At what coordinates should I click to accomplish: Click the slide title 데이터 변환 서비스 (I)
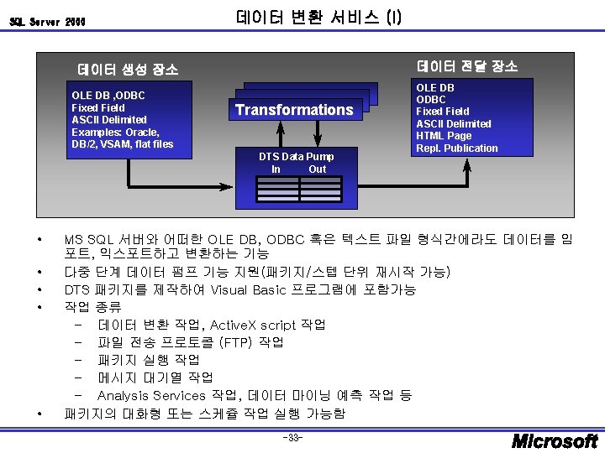(x=319, y=17)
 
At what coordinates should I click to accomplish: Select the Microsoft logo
(x=555, y=440)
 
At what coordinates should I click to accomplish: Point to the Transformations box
(x=294, y=110)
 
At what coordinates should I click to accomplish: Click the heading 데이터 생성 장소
(x=128, y=70)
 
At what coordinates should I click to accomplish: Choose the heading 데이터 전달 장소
(x=467, y=65)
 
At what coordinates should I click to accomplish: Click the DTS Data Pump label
(x=296, y=157)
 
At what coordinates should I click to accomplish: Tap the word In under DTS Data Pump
(x=276, y=169)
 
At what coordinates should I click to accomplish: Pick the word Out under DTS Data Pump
(x=317, y=169)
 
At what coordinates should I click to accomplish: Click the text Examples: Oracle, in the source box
(x=115, y=132)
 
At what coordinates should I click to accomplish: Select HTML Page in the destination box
(x=444, y=136)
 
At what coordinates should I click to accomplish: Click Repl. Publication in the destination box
(x=457, y=148)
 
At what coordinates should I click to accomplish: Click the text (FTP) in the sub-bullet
(x=236, y=342)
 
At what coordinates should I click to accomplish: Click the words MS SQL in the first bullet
(x=88, y=239)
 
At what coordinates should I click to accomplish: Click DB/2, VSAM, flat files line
(x=122, y=143)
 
